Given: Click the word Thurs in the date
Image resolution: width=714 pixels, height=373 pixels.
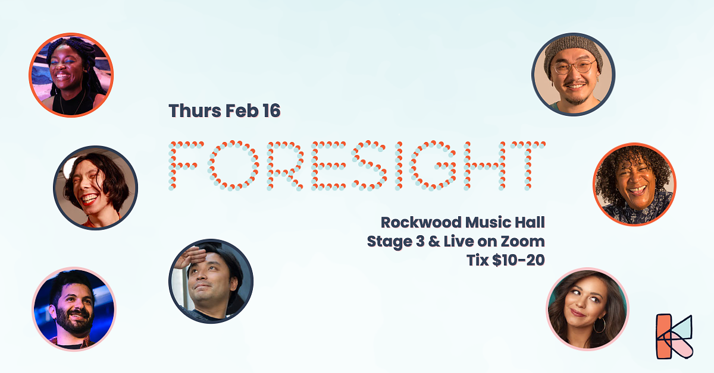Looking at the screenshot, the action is pyautogui.click(x=195, y=110).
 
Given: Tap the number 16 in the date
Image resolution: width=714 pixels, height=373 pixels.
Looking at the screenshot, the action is pyautogui.click(x=271, y=110).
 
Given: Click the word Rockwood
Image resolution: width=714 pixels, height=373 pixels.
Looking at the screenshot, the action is pyautogui.click(x=421, y=222).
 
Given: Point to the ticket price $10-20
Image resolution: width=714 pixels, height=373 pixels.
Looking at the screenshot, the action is pyautogui.click(x=518, y=260).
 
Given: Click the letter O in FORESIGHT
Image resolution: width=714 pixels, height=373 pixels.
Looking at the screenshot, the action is pyautogui.click(x=233, y=166).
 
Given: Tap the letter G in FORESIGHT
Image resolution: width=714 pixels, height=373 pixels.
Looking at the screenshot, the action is pyautogui.click(x=433, y=166).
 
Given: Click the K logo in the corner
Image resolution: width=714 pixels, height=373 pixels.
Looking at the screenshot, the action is pyautogui.click(x=674, y=336).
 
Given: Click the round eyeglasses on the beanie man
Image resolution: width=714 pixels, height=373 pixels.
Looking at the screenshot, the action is pyautogui.click(x=574, y=68).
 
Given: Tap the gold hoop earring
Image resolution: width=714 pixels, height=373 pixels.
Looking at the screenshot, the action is pyautogui.click(x=599, y=325).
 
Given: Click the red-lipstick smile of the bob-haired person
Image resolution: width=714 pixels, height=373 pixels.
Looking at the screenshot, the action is pyautogui.click(x=89, y=199).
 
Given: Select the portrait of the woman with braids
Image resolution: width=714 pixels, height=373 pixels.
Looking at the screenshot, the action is pyautogui.click(x=71, y=75).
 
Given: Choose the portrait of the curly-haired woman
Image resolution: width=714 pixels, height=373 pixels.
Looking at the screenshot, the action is pyautogui.click(x=634, y=185).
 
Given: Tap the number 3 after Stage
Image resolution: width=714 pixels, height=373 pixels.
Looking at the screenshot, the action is pyautogui.click(x=421, y=241).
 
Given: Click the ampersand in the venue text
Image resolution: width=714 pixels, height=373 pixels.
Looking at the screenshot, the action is pyautogui.click(x=434, y=241).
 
